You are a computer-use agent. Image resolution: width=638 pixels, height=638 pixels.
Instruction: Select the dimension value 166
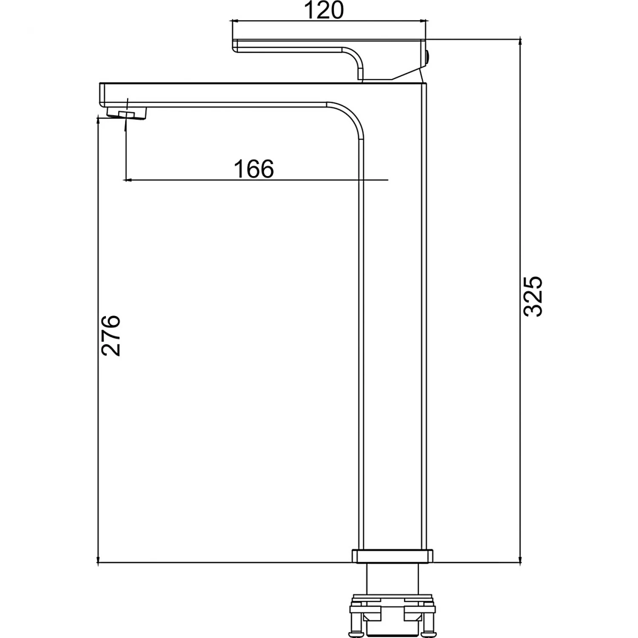click(x=254, y=169)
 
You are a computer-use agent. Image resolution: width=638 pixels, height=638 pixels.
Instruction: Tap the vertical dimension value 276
click(x=111, y=336)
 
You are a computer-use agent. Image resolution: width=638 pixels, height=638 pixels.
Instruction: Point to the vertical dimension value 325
click(x=533, y=296)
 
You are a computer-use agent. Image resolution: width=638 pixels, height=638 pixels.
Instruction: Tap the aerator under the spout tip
click(x=127, y=114)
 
